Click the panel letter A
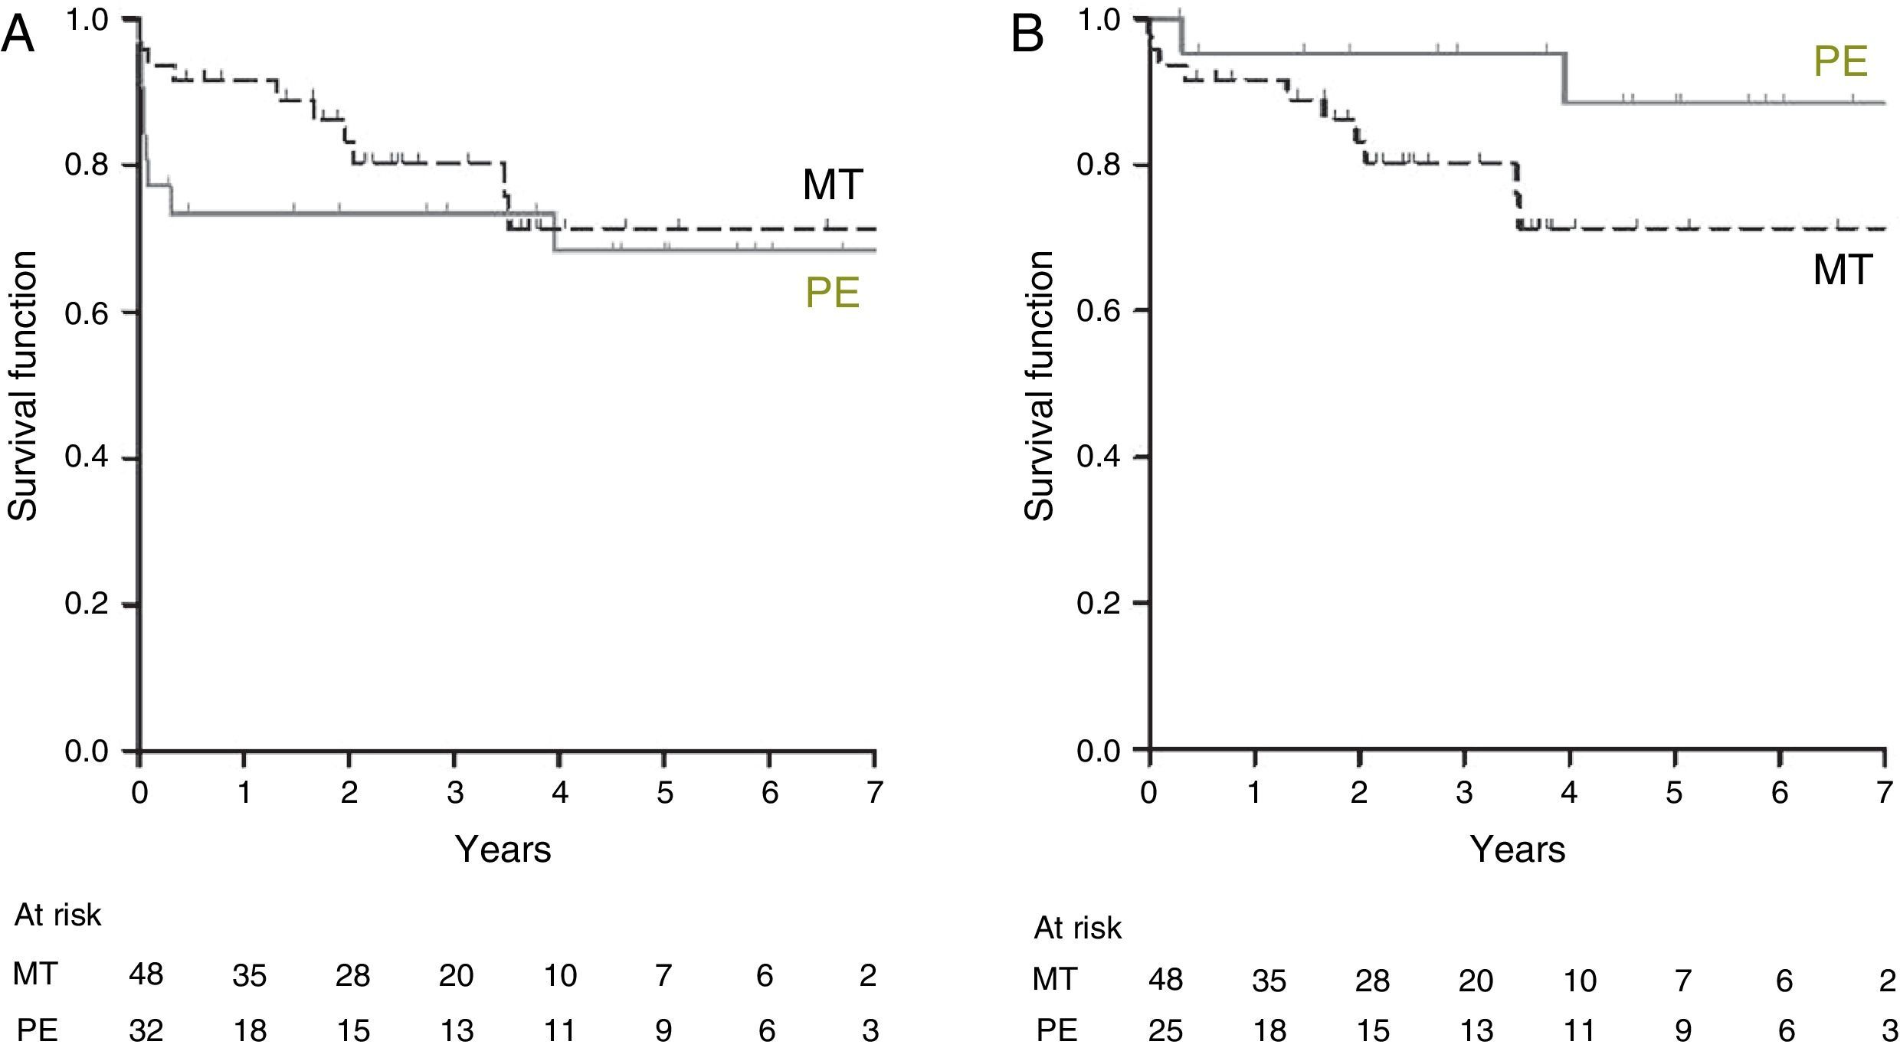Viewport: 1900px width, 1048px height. click(x=18, y=35)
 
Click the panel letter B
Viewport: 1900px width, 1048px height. click(x=1028, y=35)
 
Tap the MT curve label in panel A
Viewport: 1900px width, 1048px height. click(x=833, y=185)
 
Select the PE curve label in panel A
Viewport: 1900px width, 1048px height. click(x=832, y=293)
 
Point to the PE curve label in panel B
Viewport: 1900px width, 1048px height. click(x=1840, y=61)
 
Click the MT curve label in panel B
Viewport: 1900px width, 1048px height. click(x=1843, y=270)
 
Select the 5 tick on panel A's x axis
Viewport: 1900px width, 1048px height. click(x=665, y=792)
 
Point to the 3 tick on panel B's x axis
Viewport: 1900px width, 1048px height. click(x=1464, y=792)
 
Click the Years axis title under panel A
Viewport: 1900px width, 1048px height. click(x=503, y=849)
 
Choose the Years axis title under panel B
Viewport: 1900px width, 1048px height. click(x=1518, y=849)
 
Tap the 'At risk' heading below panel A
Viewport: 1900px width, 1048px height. click(x=58, y=915)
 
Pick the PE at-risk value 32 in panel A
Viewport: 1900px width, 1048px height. click(x=146, y=1030)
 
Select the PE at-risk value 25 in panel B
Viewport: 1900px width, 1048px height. click(x=1165, y=1030)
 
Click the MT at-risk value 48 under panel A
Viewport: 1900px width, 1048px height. click(x=146, y=975)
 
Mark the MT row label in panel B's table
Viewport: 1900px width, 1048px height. click(x=1055, y=978)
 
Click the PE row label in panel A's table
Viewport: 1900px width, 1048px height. click(x=37, y=1030)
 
